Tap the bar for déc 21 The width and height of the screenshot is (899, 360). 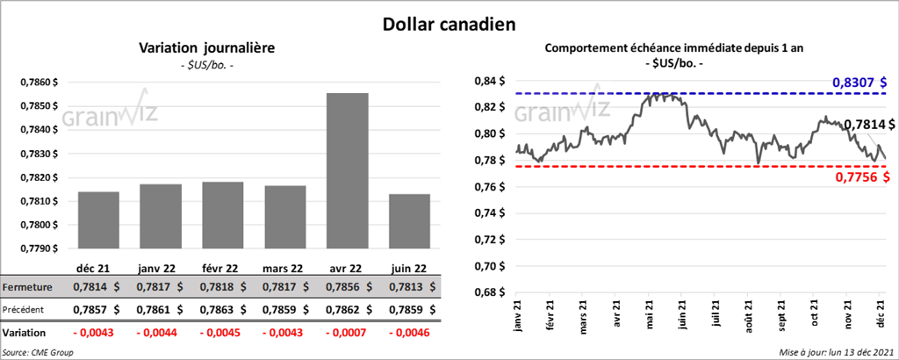coord(98,220)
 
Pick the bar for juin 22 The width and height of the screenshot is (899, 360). coord(409,220)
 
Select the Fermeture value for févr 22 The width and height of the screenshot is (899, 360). coord(223,287)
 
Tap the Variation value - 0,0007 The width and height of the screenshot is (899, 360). coord(347,334)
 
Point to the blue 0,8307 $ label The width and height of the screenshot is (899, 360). coord(859,82)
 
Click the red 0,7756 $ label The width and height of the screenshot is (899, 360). coord(860,177)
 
